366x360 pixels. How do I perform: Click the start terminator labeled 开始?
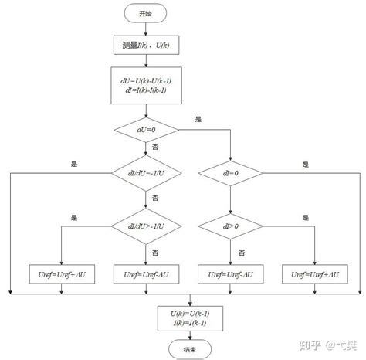[x=145, y=13]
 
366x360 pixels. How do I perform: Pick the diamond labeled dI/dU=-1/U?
[x=145, y=175]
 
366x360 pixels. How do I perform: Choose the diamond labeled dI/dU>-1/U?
[x=145, y=226]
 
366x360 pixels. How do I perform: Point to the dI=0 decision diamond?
[x=231, y=175]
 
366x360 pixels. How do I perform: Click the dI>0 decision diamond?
[x=231, y=226]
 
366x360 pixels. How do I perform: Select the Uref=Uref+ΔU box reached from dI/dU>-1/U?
[x=60, y=273]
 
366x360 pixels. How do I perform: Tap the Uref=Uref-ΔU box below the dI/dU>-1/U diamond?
[x=145, y=273]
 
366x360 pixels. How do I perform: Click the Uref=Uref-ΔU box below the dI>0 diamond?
[x=231, y=273]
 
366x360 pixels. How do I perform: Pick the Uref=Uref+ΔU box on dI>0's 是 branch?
[x=316, y=273]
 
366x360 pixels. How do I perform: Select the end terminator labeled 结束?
[x=191, y=348]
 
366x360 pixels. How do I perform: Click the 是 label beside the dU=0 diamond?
[x=198, y=120]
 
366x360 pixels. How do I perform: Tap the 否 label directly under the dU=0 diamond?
[x=155, y=147]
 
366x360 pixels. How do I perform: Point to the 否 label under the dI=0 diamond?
[x=240, y=198]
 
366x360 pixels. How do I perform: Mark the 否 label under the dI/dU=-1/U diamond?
[x=155, y=198]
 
